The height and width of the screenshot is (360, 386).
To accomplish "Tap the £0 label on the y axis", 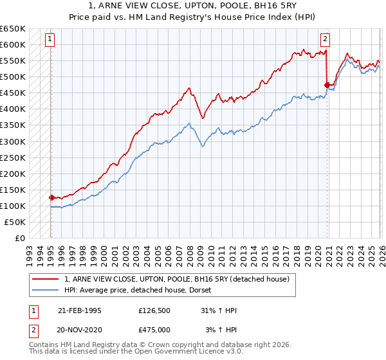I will click(x=19, y=238).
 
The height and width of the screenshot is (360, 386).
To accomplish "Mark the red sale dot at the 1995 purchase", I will click(x=51, y=197).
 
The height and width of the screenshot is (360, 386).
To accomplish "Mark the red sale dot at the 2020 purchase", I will click(x=327, y=85).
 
